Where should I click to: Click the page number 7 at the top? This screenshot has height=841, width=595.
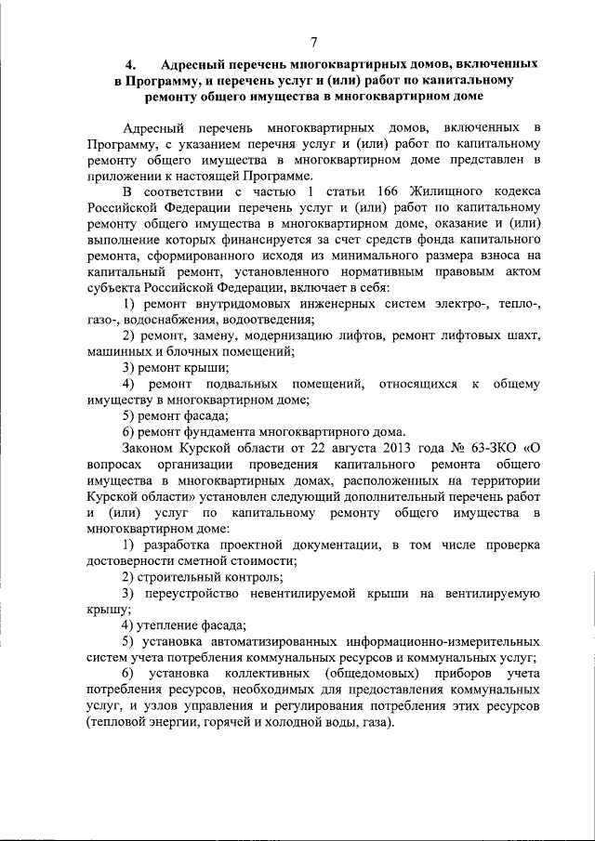pos(313,41)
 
